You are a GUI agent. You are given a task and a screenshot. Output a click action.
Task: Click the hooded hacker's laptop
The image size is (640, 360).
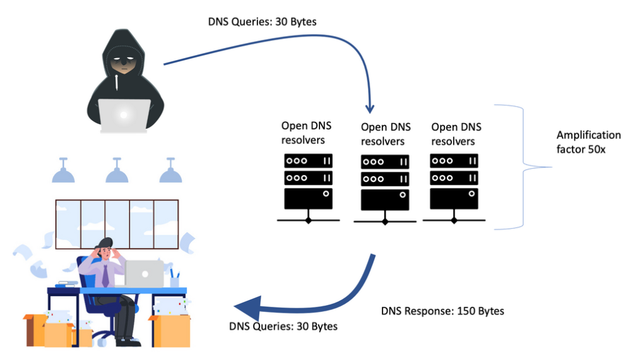click(x=124, y=116)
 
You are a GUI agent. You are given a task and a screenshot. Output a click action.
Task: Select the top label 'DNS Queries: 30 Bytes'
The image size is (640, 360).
click(x=262, y=21)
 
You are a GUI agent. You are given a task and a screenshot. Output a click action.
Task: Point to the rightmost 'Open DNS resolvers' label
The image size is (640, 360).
click(x=456, y=133)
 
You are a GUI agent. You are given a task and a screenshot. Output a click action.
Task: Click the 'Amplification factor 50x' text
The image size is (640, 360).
click(x=588, y=142)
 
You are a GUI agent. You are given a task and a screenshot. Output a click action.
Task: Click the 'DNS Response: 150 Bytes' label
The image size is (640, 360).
click(x=442, y=311)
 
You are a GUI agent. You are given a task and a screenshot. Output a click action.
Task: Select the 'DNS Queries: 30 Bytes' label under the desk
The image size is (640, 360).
click(x=283, y=327)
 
